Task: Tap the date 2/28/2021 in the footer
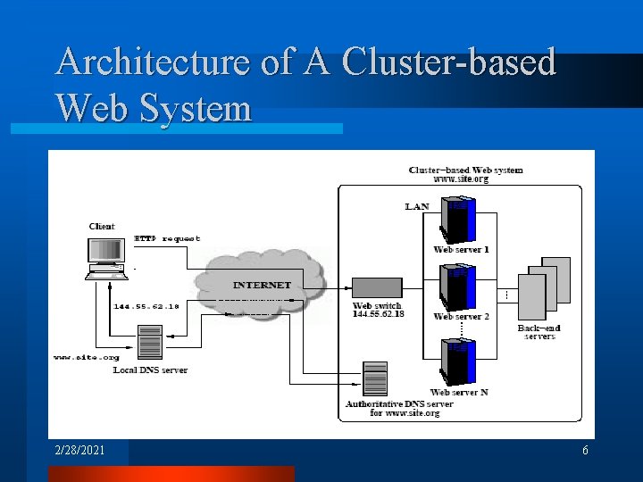(79, 451)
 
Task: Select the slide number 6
(585, 451)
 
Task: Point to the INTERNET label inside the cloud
(262, 285)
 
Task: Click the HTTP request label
(167, 238)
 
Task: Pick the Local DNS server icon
(150, 343)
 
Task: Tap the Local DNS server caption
(150, 370)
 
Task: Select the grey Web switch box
(377, 287)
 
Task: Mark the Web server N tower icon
(459, 361)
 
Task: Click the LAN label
(417, 206)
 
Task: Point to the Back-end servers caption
(539, 332)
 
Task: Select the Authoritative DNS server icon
(375, 378)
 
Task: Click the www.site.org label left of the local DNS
(86, 357)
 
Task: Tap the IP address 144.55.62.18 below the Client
(146, 306)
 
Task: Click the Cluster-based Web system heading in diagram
(465, 170)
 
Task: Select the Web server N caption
(459, 392)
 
